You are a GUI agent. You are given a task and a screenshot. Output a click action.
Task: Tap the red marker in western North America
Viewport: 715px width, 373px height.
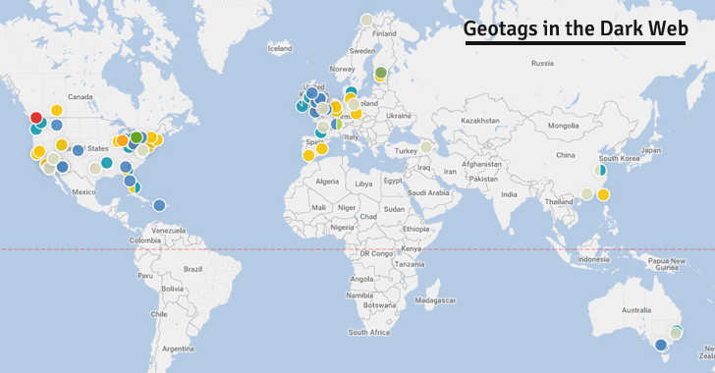(x=36, y=117)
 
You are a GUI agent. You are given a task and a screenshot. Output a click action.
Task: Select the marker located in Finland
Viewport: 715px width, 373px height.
(x=366, y=19)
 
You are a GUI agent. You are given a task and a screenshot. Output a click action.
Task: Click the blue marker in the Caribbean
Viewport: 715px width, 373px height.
(x=159, y=205)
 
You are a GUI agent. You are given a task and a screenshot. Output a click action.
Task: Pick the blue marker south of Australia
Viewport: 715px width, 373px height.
(x=661, y=345)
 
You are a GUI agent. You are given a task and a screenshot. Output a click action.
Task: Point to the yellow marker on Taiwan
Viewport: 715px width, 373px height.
(x=603, y=194)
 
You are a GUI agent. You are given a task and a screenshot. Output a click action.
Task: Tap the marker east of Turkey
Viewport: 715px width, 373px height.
(x=426, y=147)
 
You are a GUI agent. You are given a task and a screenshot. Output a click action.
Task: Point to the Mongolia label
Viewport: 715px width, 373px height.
(x=563, y=126)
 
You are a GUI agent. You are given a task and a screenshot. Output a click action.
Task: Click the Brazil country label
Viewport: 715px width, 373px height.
(x=192, y=268)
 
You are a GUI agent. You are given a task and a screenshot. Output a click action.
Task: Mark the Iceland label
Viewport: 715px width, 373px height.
(x=280, y=47)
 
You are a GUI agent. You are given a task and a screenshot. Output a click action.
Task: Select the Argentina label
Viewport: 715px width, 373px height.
(x=179, y=347)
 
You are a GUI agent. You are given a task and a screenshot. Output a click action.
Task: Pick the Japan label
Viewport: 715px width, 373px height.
(x=651, y=150)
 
